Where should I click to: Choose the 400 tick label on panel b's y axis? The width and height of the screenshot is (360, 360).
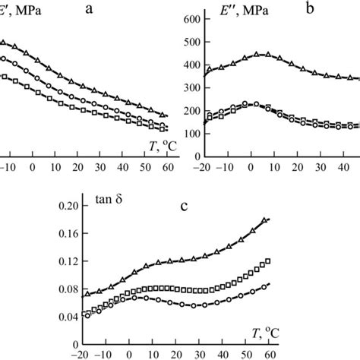pyautogui.click(x=186, y=65)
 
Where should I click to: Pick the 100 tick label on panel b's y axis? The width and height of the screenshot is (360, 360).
pyautogui.click(x=186, y=134)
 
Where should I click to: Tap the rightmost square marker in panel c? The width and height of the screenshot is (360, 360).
pyautogui.click(x=267, y=262)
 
